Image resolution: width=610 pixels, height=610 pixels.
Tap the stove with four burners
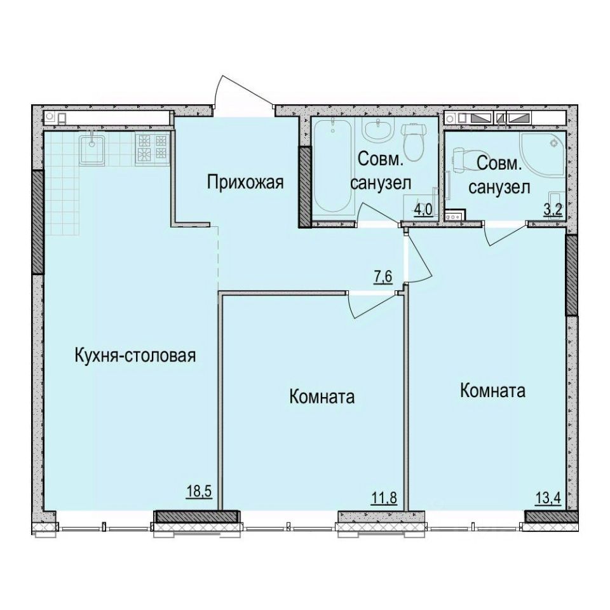(x=153, y=147)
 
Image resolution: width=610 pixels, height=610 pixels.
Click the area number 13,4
(x=548, y=497)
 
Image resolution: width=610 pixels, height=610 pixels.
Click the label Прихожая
(x=244, y=183)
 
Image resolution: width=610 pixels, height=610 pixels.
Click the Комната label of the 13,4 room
(x=493, y=390)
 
